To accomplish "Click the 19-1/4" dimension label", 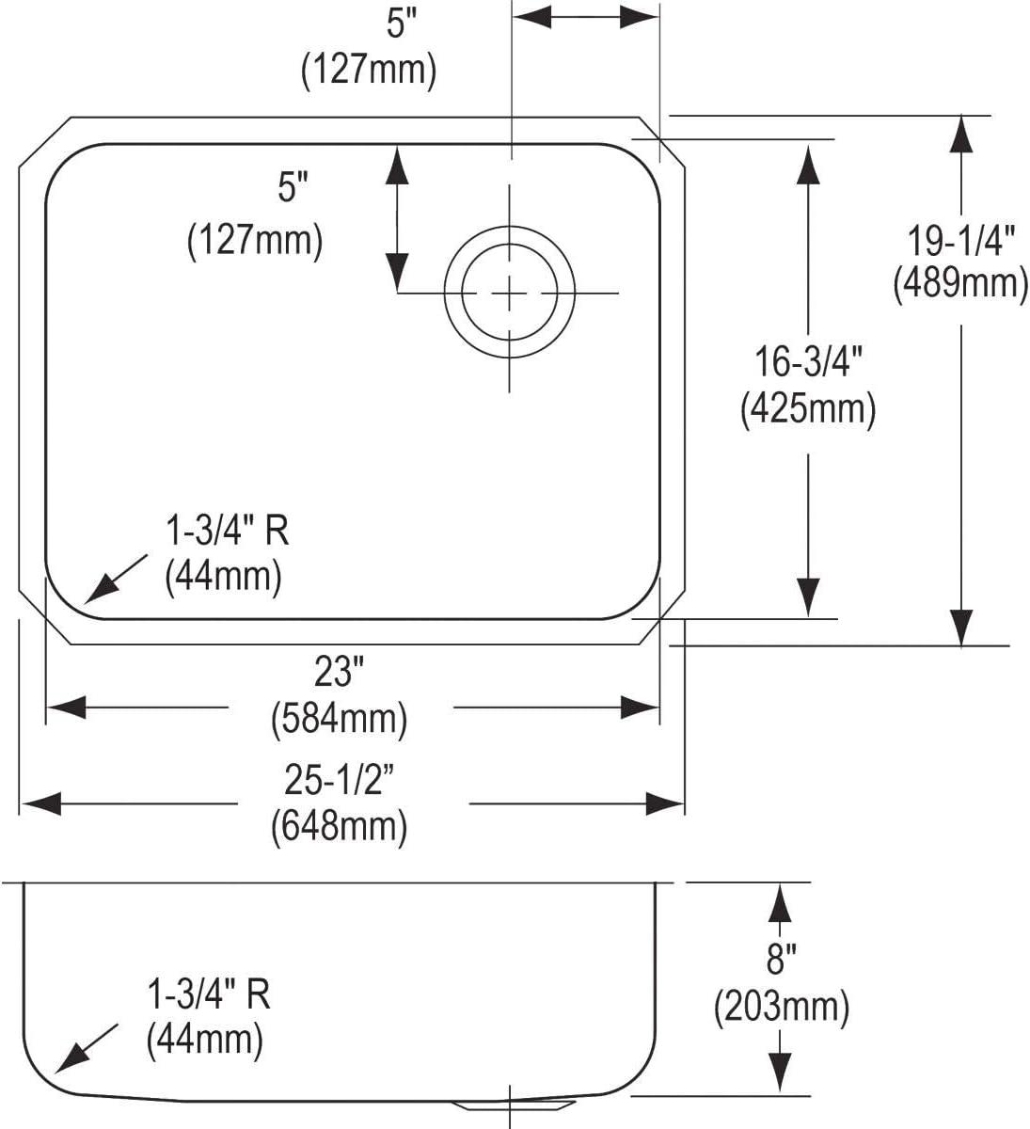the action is (960, 240).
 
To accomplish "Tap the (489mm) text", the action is (960, 283).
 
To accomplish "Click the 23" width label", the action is (339, 671).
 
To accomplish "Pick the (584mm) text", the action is (339, 719).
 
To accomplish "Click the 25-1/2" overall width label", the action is (339, 780).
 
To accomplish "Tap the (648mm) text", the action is (339, 826).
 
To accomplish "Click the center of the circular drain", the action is (510, 293).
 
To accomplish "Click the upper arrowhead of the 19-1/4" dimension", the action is (960, 134).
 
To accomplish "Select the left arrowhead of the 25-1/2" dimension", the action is (40, 803).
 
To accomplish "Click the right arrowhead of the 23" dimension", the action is (640, 707).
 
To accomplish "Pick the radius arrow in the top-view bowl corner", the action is (116, 579).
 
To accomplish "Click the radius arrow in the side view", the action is (87, 1048).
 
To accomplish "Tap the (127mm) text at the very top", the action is (369, 71).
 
